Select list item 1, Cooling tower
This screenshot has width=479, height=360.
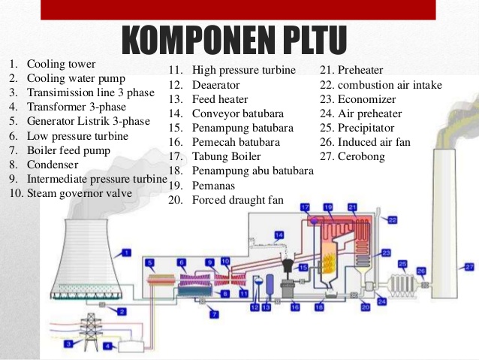tap(64, 64)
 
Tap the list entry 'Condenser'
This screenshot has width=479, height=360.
tap(52, 165)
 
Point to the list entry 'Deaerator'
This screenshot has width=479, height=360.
tap(218, 85)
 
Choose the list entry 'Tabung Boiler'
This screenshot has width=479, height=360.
tap(226, 156)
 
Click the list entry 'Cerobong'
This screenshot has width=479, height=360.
tap(361, 156)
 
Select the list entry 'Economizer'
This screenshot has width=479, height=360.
tap(367, 99)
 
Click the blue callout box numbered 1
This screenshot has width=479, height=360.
tap(126, 253)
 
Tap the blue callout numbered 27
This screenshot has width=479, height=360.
tap(469, 266)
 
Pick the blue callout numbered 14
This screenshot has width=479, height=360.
tap(279, 236)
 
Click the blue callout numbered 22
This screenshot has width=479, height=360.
tap(392, 219)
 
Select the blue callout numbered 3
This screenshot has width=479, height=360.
tap(68, 344)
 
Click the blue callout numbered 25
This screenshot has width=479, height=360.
tap(402, 265)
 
